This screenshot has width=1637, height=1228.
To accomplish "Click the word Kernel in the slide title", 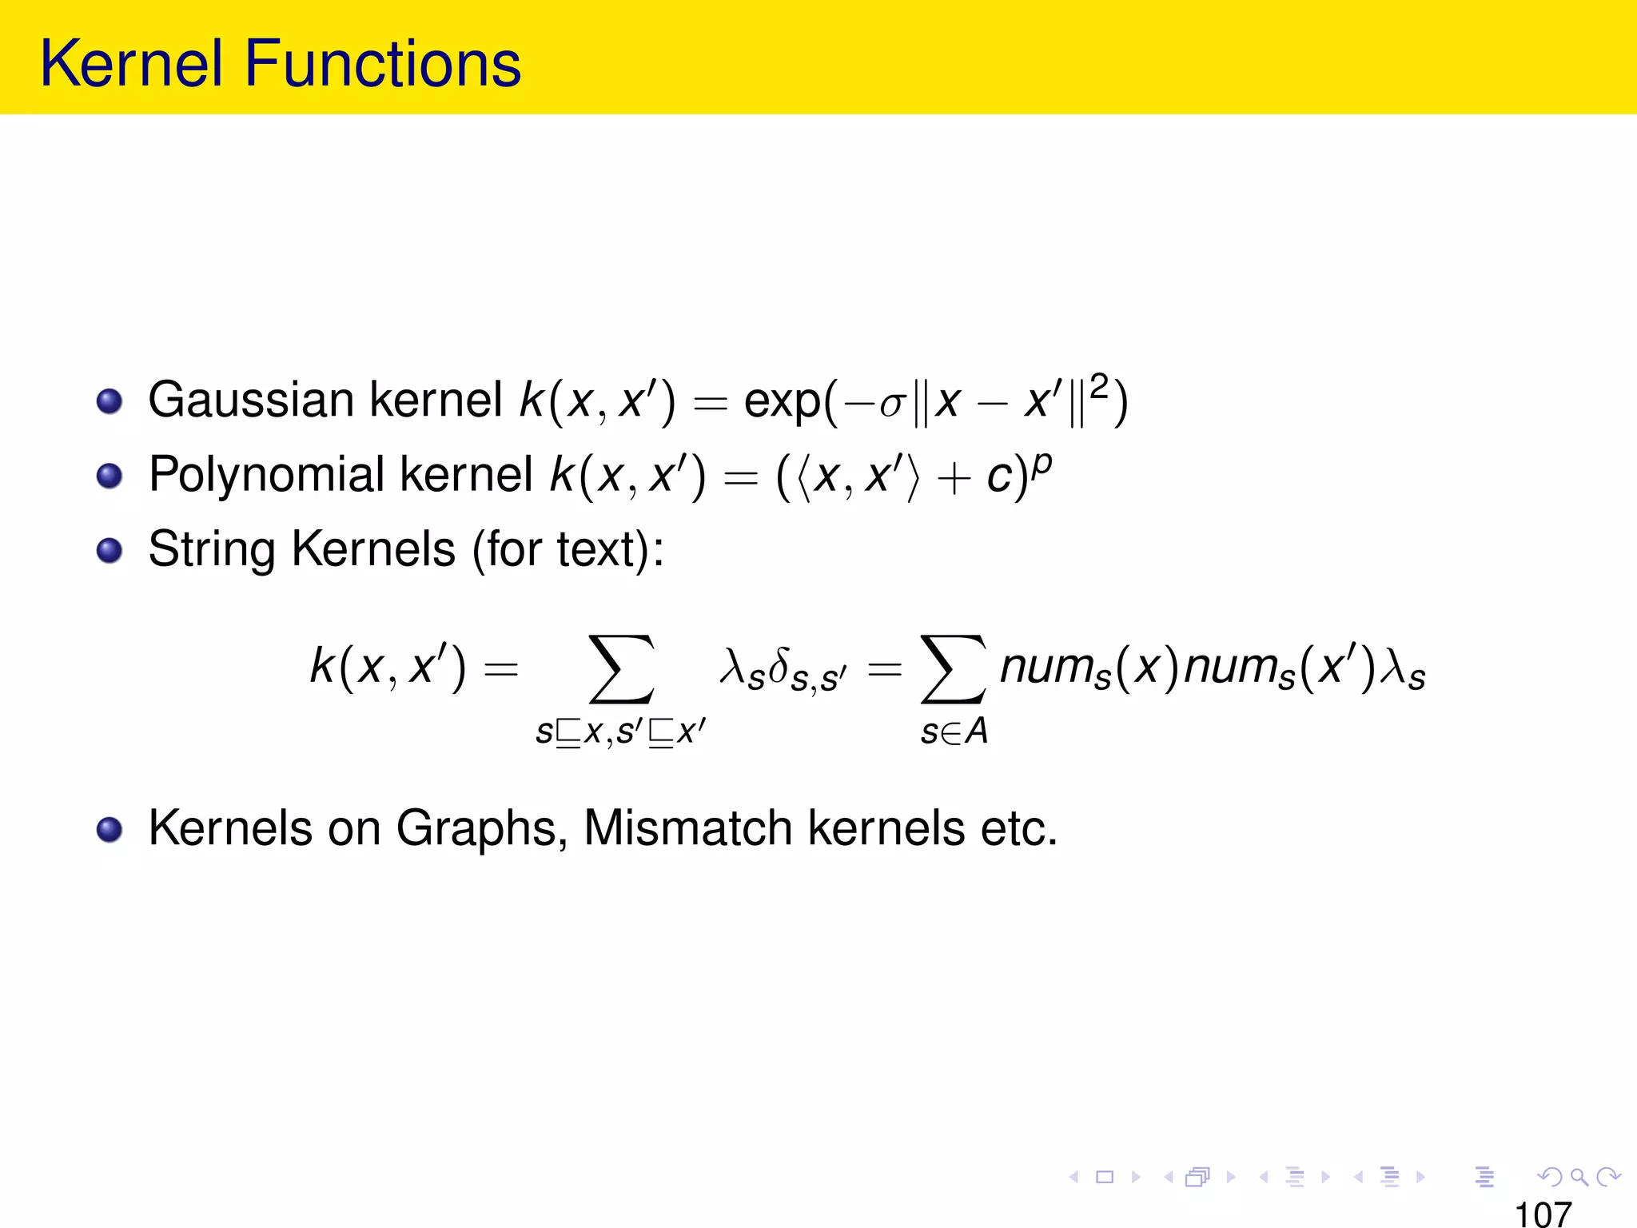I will [132, 64].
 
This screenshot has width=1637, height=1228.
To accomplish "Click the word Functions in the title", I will [383, 64].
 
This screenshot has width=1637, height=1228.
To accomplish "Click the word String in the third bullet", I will [212, 550].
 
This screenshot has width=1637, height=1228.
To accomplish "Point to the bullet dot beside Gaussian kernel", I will [110, 401].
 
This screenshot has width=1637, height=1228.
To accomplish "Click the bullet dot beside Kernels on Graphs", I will [110, 829].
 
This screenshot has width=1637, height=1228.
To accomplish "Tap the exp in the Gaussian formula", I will [782, 402].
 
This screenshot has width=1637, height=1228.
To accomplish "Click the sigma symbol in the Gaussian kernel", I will [891, 405].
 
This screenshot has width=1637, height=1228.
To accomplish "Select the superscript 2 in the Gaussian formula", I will [1100, 385].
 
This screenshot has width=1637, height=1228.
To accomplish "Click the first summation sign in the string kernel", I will [621, 669].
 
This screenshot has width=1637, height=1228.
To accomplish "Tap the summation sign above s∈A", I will [953, 669].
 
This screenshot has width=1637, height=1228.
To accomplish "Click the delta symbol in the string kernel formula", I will [779, 666].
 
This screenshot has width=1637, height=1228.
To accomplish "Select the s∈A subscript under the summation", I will [954, 732].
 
